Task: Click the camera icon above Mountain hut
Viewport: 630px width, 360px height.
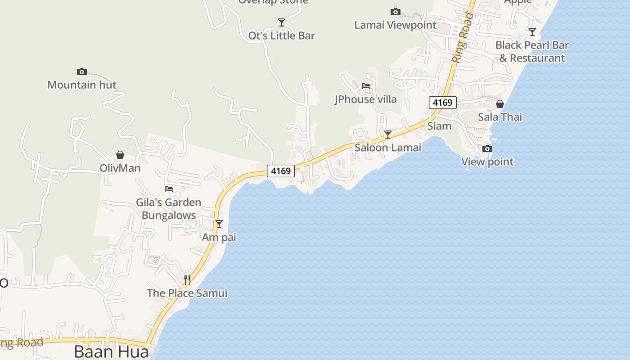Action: point(81,72)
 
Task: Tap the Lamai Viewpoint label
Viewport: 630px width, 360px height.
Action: point(395,25)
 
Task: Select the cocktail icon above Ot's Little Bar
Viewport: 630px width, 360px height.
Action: point(282,22)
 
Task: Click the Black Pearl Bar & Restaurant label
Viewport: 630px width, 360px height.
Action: point(532,51)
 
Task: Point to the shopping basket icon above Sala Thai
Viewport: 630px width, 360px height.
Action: point(499,104)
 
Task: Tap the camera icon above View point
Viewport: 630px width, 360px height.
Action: point(487,148)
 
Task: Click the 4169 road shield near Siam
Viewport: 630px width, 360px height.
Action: point(442,103)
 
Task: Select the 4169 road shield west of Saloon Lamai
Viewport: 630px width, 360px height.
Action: point(281,171)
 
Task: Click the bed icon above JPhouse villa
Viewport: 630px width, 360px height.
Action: point(365,85)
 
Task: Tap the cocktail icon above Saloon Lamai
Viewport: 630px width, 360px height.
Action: point(387,134)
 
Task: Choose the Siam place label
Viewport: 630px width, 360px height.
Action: point(439,126)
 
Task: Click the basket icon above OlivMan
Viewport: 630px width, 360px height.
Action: point(120,155)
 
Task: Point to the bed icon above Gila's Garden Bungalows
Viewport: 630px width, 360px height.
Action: point(169,189)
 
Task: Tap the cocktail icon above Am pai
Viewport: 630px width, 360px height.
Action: point(219,224)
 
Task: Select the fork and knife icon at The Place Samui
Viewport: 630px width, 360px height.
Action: point(187,280)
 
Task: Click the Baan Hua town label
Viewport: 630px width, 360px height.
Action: point(111,351)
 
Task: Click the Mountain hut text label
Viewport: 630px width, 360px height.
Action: point(82,85)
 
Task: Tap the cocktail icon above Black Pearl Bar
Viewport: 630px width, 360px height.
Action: point(532,31)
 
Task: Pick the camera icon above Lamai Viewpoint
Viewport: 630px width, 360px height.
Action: point(395,12)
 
